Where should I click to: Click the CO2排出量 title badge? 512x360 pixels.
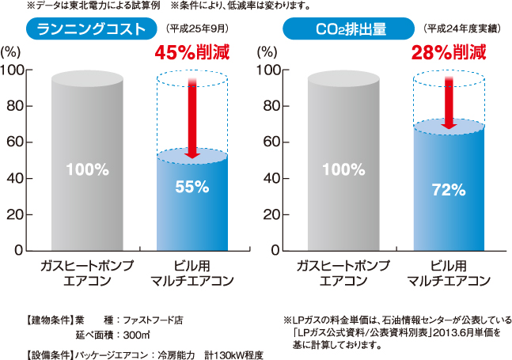coord(349,30)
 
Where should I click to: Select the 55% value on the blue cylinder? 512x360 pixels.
coord(192,188)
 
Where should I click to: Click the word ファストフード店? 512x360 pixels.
coord(153,320)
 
